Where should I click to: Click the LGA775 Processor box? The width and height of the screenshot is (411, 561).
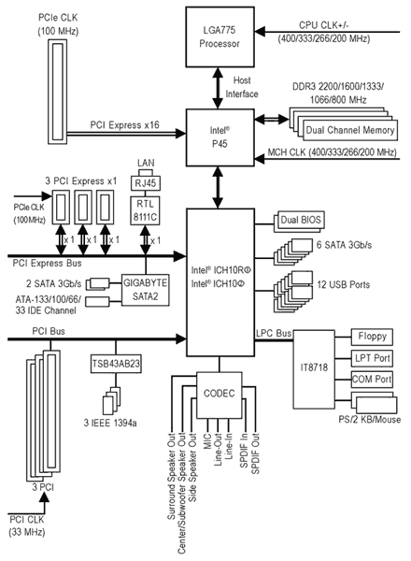[220, 36]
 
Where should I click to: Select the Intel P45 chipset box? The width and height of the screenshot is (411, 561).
[220, 137]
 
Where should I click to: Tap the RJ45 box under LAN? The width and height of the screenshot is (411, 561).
[146, 183]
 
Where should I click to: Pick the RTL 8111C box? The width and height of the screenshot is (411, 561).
[145, 210]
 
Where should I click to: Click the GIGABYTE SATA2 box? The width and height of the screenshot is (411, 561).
[145, 290]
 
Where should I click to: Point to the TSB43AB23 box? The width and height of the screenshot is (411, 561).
[116, 364]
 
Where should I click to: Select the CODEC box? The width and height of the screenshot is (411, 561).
[220, 395]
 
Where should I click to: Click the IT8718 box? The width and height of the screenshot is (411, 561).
[314, 369]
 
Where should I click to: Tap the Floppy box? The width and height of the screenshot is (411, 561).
[372, 337]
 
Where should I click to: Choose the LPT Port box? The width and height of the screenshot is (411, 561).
[372, 358]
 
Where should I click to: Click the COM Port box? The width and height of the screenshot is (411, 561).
[372, 380]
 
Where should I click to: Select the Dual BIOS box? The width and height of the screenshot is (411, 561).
[301, 220]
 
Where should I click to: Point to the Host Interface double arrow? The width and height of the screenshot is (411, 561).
[218, 88]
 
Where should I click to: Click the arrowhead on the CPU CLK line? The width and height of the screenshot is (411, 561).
[260, 32]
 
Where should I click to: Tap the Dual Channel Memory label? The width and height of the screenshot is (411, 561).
[350, 130]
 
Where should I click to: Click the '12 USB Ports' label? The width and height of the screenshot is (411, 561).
[344, 285]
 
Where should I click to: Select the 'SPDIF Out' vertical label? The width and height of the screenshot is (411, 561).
[255, 454]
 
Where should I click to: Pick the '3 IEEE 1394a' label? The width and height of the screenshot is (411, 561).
[110, 423]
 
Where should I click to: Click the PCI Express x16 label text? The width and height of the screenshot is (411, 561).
[125, 125]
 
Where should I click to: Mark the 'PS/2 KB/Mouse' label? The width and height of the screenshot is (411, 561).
[370, 419]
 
